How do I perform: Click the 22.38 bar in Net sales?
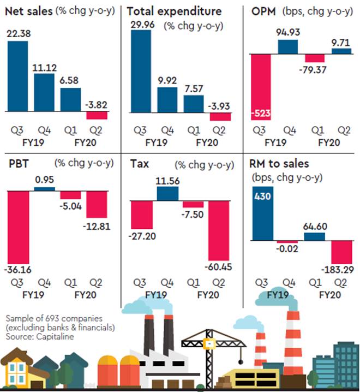tap(17, 76)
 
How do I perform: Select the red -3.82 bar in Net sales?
tap(97, 116)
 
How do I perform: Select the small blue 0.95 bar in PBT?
tap(45, 189)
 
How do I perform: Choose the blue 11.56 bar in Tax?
tap(167, 194)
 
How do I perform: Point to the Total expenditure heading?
tap(174, 11)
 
